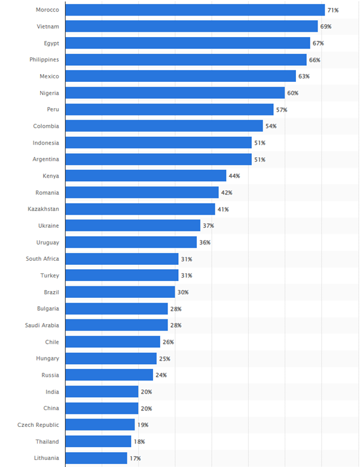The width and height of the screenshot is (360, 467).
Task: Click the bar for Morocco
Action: (194, 10)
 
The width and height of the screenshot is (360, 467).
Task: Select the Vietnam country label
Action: (47, 27)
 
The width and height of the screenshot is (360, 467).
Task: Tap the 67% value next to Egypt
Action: (318, 43)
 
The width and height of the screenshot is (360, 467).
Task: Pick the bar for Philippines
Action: (185, 60)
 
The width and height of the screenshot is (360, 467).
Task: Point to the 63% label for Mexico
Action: (304, 77)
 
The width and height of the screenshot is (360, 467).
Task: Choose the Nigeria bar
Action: (175, 93)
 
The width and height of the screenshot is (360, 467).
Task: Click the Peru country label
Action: (52, 109)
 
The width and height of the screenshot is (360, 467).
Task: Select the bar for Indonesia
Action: (158, 142)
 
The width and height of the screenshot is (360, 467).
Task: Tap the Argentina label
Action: (45, 159)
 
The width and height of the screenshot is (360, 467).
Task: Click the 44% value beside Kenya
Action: (234, 176)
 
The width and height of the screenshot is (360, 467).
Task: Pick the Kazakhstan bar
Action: (140, 209)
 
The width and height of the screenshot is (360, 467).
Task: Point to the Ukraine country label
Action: (48, 225)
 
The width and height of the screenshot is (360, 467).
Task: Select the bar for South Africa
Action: (121, 259)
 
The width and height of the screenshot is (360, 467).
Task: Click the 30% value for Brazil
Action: (182, 292)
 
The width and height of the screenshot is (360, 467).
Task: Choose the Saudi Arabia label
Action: (42, 325)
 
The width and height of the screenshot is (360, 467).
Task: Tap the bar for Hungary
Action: (111, 358)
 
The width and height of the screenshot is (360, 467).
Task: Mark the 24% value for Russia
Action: (161, 375)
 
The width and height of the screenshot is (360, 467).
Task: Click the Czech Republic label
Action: (38, 425)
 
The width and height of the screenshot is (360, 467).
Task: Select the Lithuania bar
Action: (96, 458)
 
